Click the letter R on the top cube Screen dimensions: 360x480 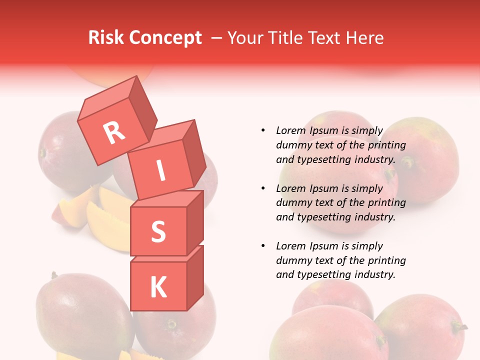[x=114, y=132]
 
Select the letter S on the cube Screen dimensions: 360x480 [x=158, y=231]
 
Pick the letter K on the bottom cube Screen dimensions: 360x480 [x=158, y=287]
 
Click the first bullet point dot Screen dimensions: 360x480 [x=263, y=130]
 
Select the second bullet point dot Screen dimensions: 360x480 [x=263, y=188]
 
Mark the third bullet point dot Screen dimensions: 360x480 [x=263, y=246]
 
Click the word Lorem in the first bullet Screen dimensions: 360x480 [x=290, y=130]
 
